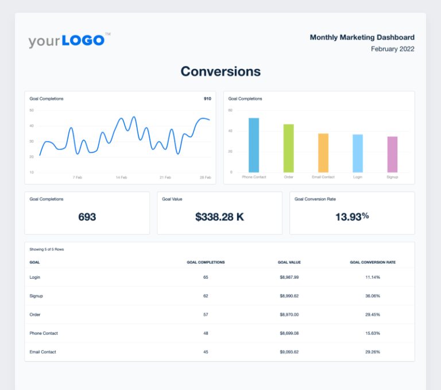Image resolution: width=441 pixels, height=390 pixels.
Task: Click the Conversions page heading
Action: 220,71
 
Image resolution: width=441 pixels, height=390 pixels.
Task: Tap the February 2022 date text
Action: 392,49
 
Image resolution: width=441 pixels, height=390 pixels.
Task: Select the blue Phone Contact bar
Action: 254,145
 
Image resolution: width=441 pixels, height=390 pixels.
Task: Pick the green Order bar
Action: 288,148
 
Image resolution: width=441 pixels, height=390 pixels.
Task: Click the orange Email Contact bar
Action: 323,153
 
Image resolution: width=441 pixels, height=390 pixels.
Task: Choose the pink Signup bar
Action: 392,154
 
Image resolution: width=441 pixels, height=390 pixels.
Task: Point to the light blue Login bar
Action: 358,153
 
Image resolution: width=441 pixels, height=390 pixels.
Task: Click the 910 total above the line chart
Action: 207,99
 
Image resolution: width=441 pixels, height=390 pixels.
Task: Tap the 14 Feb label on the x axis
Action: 121,178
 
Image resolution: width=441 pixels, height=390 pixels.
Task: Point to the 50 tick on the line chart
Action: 32,110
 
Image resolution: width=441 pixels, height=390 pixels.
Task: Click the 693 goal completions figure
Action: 87,217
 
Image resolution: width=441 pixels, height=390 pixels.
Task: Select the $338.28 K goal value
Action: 220,217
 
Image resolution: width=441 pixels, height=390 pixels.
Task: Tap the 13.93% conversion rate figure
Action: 352,216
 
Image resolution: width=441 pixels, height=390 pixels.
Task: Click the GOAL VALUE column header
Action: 289,262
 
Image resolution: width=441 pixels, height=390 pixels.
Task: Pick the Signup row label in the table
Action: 36,296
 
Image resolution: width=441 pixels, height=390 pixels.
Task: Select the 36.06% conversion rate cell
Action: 373,296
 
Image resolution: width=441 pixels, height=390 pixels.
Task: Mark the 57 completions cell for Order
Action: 206,314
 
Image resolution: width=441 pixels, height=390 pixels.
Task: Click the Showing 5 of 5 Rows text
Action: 47,249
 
